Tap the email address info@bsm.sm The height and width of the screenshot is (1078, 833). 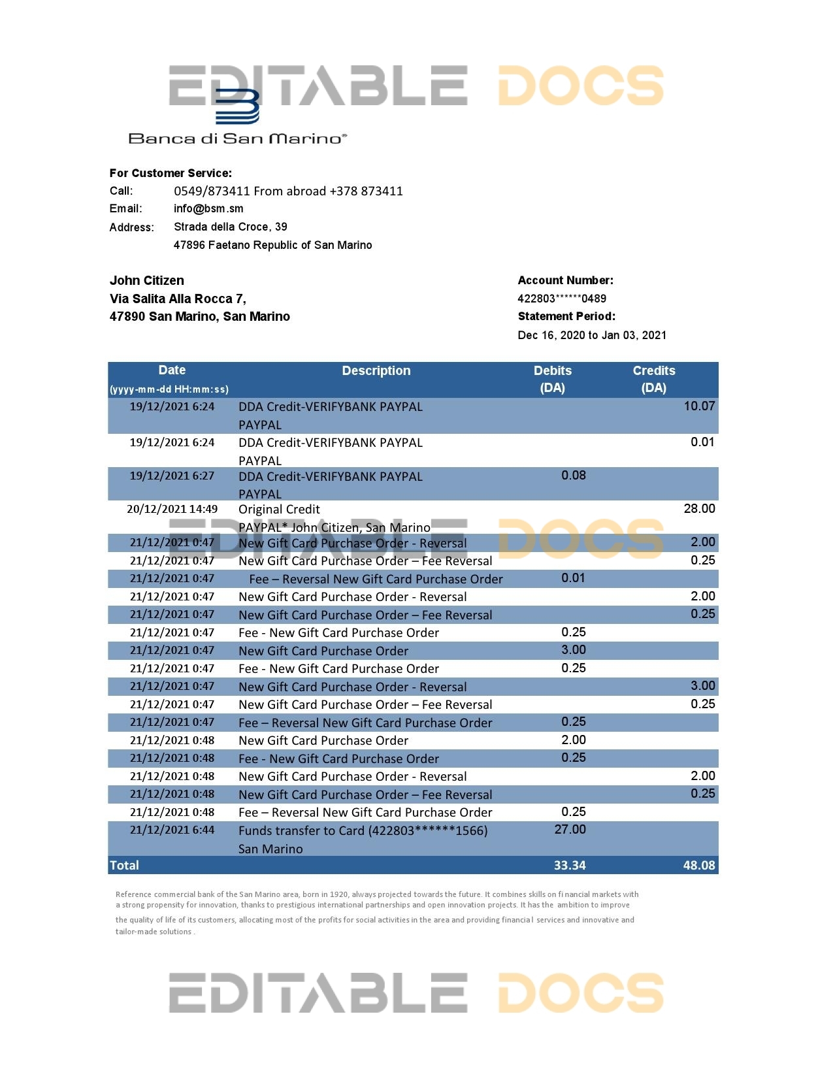pyautogui.click(x=208, y=209)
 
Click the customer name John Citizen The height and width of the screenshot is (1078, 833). pyautogui.click(x=147, y=281)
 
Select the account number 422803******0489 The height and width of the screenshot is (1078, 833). pyautogui.click(x=562, y=299)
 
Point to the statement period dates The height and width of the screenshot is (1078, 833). pyautogui.click(x=592, y=335)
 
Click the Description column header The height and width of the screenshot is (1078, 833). pyautogui.click(x=376, y=371)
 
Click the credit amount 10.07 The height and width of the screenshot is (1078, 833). pyautogui.click(x=699, y=406)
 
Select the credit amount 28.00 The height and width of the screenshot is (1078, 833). pyautogui.click(x=699, y=509)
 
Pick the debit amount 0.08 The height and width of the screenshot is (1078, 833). pyautogui.click(x=574, y=476)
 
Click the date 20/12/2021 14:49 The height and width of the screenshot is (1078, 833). pyautogui.click(x=172, y=509)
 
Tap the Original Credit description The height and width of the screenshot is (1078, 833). pyautogui.click(x=279, y=510)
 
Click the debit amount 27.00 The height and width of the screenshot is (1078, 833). pyautogui.click(x=570, y=830)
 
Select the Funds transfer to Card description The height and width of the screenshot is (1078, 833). pyautogui.click(x=363, y=831)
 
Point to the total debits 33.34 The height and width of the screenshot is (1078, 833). pyautogui.click(x=570, y=866)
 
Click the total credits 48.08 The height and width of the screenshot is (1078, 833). pyautogui.click(x=698, y=866)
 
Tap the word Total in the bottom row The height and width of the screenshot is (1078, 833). pyautogui.click(x=124, y=866)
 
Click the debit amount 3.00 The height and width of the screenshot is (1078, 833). pyautogui.click(x=574, y=650)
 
